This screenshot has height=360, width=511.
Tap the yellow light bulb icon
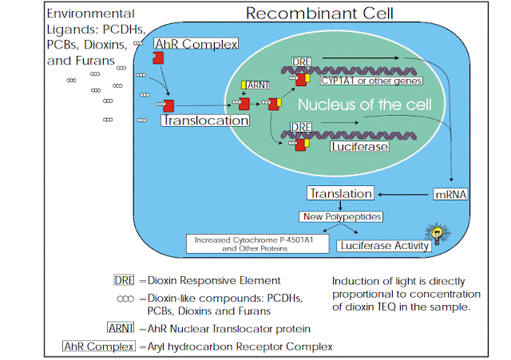coord(437,234)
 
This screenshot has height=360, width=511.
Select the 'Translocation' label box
coord(204,121)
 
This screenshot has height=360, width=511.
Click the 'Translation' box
coord(340,193)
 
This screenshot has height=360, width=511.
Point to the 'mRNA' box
coord(450,193)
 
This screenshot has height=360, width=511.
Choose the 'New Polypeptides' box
coord(339,216)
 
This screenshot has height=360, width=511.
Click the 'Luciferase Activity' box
coord(385,245)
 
